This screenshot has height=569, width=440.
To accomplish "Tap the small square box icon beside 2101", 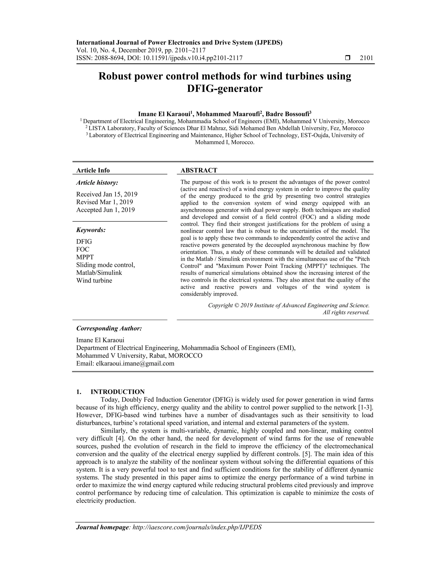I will point(347,58).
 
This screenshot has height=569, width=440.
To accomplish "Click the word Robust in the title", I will point(115,76).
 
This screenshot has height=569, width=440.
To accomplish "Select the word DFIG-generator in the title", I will point(225,89).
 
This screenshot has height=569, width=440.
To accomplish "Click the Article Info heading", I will point(93,170).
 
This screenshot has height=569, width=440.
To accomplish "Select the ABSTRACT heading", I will point(199,170).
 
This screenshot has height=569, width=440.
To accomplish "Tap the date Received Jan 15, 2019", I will point(107,194).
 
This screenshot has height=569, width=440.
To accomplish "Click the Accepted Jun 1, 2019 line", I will point(105,210).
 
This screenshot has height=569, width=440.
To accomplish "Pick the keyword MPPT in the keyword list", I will point(85,257).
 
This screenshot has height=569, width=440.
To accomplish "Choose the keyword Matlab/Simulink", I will point(99,273).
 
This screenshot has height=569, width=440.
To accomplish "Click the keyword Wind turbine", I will point(94,281).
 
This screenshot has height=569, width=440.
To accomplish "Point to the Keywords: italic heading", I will point(91,230).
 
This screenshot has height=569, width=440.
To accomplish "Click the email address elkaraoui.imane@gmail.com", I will point(135,364).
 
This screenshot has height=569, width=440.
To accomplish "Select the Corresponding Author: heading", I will point(109,329).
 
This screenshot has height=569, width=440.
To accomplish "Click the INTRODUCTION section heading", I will point(117,392).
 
